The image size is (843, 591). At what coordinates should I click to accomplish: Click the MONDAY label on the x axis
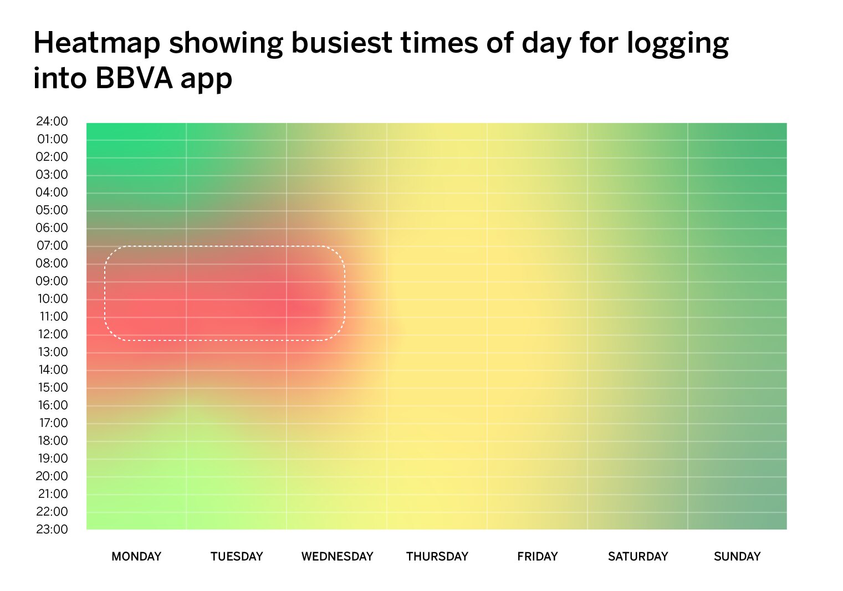(136, 557)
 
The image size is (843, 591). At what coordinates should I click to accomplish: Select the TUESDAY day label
(237, 557)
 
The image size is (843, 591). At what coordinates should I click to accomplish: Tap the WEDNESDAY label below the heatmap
(337, 557)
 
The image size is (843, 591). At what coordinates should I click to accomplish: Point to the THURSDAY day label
(437, 557)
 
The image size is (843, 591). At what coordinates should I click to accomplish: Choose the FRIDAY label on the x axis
(538, 557)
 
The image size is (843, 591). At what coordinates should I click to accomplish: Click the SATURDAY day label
(638, 557)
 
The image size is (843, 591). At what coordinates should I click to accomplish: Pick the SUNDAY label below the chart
(737, 557)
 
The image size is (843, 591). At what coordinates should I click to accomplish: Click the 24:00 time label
(52, 121)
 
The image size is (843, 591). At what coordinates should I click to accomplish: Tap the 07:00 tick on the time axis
(52, 246)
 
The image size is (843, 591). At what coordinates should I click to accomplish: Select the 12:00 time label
(53, 334)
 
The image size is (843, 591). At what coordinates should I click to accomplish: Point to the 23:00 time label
(52, 529)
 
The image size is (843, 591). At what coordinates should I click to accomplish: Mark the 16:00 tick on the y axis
(53, 405)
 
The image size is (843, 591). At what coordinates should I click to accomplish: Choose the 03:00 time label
(52, 174)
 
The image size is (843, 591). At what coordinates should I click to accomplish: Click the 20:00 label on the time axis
(52, 476)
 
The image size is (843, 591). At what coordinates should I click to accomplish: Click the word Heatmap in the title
(97, 43)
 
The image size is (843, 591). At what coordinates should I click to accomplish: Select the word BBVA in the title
(134, 78)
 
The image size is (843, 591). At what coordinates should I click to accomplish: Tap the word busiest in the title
(342, 43)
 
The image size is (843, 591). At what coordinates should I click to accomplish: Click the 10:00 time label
(53, 298)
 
